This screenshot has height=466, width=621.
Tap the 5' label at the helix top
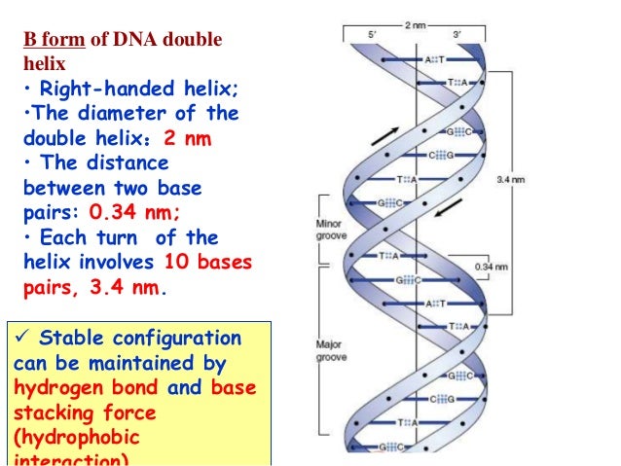[372, 34]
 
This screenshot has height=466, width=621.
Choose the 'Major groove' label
[328, 351]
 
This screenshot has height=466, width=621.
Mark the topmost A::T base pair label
[434, 60]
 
